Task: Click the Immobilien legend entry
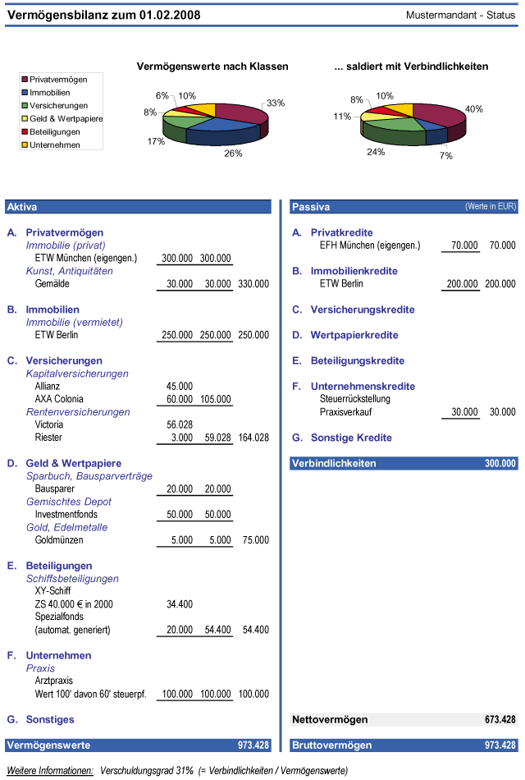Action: pyautogui.click(x=46, y=93)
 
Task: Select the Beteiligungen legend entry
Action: pyautogui.click(x=50, y=132)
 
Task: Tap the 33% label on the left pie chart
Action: pyautogui.click(x=276, y=103)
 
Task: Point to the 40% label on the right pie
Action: pyautogui.click(x=474, y=109)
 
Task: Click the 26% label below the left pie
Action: pyautogui.click(x=233, y=154)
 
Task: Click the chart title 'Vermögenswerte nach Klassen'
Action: pyautogui.click(x=212, y=67)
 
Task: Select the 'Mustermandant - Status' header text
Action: pyautogui.click(x=460, y=15)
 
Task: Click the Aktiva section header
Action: pyautogui.click(x=22, y=207)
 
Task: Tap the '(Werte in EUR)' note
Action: pyautogui.click(x=491, y=206)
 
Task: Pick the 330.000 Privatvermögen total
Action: pyautogui.click(x=253, y=284)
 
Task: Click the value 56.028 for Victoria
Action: pyautogui.click(x=180, y=424)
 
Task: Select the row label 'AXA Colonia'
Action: pyautogui.click(x=59, y=399)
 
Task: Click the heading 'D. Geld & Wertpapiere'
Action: pyautogui.click(x=64, y=463)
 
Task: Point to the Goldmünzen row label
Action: pyautogui.click(x=59, y=540)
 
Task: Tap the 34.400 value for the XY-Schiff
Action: pyautogui.click(x=180, y=604)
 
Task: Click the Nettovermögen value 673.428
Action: pyautogui.click(x=500, y=720)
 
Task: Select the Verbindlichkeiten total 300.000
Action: pyautogui.click(x=500, y=464)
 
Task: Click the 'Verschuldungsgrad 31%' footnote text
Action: pyautogui.click(x=147, y=770)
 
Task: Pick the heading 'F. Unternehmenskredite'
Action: pyautogui.click(x=354, y=387)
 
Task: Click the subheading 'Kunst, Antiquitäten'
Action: pyautogui.click(x=70, y=271)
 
